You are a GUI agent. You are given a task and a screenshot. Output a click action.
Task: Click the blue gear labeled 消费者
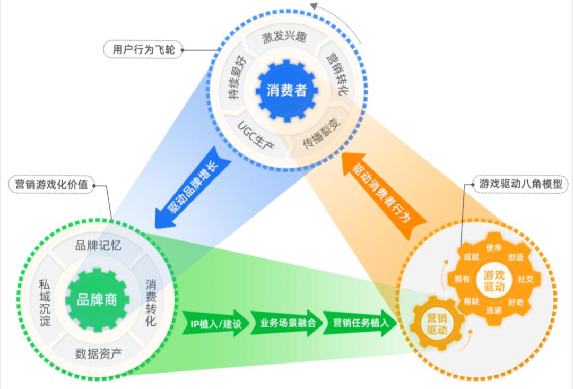pyautogui.click(x=286, y=91)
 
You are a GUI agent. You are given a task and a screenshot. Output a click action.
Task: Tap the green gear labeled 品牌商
pyautogui.click(x=97, y=300)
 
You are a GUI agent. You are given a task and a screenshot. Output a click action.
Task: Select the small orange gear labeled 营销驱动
pyautogui.click(x=437, y=324)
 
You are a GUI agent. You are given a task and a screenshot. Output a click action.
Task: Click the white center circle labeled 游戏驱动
pyautogui.click(x=494, y=280)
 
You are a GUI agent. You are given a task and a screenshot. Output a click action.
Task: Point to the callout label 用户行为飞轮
pyautogui.click(x=143, y=49)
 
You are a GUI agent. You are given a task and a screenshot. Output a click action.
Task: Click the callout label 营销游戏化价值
pyautogui.click(x=51, y=185)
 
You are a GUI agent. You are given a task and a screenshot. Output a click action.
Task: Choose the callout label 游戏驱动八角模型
pyautogui.click(x=520, y=184)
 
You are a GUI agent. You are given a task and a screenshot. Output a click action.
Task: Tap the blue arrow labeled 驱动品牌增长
pyautogui.click(x=193, y=187)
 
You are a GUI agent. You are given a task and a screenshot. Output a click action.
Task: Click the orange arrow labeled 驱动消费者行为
pyautogui.click(x=384, y=196)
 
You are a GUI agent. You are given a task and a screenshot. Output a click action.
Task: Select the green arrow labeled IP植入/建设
pyautogui.click(x=216, y=323)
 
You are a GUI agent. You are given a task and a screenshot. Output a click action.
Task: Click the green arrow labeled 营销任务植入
pyautogui.click(x=360, y=323)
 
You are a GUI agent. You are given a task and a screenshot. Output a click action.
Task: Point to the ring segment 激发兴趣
pyautogui.click(x=284, y=38)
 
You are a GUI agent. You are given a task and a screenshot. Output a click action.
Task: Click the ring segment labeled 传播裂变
pyautogui.click(x=321, y=132)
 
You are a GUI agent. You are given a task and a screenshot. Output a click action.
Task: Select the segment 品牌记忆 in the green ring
pyautogui.click(x=98, y=246)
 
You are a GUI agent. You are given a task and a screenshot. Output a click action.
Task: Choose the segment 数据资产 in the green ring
pyautogui.click(x=98, y=353)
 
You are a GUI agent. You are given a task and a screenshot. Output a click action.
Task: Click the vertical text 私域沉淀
pyautogui.click(x=45, y=302)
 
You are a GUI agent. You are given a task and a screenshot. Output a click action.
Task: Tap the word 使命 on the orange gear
pyautogui.click(x=494, y=247)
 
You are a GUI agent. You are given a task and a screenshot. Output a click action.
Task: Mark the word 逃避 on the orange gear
pyautogui.click(x=494, y=310)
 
